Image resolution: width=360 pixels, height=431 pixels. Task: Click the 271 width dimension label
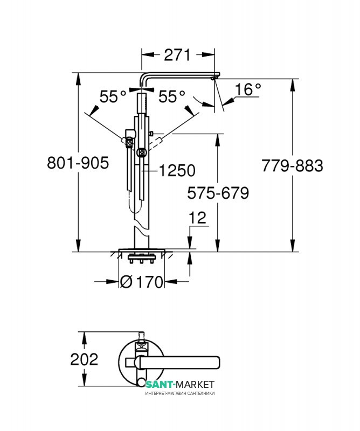click(x=177, y=54)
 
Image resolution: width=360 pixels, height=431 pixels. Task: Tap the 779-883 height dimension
click(x=292, y=166)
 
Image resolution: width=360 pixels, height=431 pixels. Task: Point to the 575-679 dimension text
click(x=218, y=192)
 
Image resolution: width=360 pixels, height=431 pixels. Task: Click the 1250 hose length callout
click(x=177, y=170)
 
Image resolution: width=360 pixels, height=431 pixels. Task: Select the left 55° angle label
click(x=113, y=96)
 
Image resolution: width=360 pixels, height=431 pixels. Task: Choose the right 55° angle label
click(x=171, y=96)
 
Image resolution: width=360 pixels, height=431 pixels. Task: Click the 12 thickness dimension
click(x=198, y=218)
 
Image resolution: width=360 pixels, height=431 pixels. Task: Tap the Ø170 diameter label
click(x=142, y=281)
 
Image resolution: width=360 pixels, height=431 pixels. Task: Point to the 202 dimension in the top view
click(x=85, y=359)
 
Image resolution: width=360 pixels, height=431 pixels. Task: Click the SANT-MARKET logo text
click(x=180, y=384)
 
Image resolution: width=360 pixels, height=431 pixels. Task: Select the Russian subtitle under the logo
click(x=180, y=393)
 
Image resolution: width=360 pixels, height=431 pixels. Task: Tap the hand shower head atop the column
click(x=142, y=103)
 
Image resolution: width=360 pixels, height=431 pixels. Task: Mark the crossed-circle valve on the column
click(x=142, y=152)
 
